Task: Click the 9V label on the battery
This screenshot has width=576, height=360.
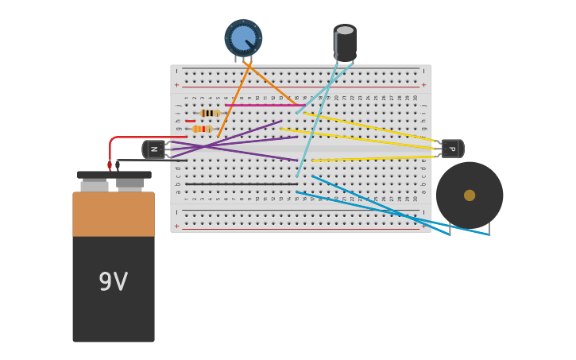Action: (113, 282)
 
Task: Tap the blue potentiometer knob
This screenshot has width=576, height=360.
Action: (243, 37)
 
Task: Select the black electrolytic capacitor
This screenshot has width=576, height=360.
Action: (345, 44)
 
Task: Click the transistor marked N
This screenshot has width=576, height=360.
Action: (154, 149)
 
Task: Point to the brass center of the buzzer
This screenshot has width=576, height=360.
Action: (470, 195)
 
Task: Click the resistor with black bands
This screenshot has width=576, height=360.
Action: (210, 114)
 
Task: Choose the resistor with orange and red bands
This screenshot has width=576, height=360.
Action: (203, 129)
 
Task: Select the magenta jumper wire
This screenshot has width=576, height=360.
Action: (262, 105)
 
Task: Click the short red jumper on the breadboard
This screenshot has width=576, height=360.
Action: (190, 121)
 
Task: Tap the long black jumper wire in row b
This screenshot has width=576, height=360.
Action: (242, 184)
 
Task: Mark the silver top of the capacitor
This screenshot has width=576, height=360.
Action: (345, 30)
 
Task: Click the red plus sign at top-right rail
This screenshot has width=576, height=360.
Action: (423, 85)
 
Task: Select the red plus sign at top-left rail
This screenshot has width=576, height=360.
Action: (176, 85)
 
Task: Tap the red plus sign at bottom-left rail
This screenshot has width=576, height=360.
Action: (176, 226)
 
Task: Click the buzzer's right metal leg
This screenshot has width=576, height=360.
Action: (489, 229)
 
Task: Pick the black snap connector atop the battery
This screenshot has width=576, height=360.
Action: (114, 175)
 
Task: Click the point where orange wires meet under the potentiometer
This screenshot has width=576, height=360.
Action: (249, 65)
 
